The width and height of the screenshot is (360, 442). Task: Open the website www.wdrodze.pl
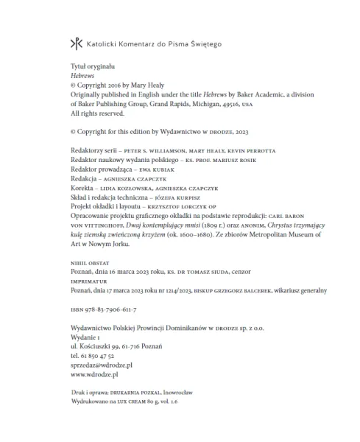coord(93,374)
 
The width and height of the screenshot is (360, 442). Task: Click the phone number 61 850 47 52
coord(93,354)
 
